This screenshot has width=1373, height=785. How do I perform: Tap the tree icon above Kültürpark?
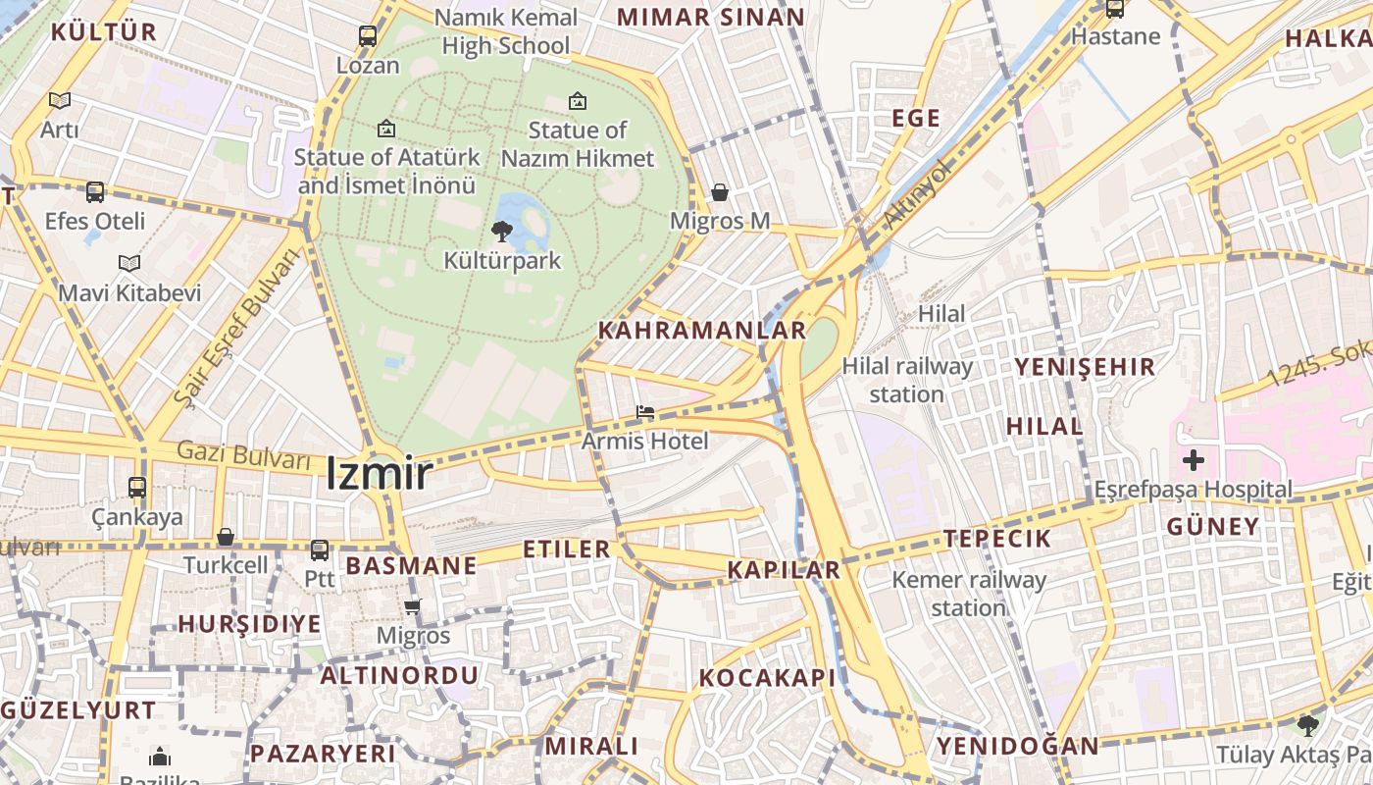502,232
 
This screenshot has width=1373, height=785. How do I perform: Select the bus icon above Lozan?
368,36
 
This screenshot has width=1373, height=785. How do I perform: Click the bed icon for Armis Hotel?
644,413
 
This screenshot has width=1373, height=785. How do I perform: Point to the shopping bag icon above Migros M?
720,192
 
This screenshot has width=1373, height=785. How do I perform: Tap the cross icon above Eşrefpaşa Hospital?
1193,459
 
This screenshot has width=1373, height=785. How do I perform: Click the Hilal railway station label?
907,380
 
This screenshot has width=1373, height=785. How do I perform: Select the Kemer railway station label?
968,594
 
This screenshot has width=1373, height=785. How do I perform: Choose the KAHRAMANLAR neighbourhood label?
701,331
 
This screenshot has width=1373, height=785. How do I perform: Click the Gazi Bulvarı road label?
244,455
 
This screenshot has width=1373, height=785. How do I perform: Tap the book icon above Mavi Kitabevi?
128,263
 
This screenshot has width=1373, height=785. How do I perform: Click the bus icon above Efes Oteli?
95,192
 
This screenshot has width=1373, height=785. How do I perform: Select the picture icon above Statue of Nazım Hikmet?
578,100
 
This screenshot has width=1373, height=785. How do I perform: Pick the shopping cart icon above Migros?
413,606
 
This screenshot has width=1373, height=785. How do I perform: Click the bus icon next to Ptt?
319,550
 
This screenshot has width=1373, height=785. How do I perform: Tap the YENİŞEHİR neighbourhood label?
1085,367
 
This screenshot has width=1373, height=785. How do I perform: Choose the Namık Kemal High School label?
505,31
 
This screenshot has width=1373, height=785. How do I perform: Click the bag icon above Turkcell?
226,537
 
